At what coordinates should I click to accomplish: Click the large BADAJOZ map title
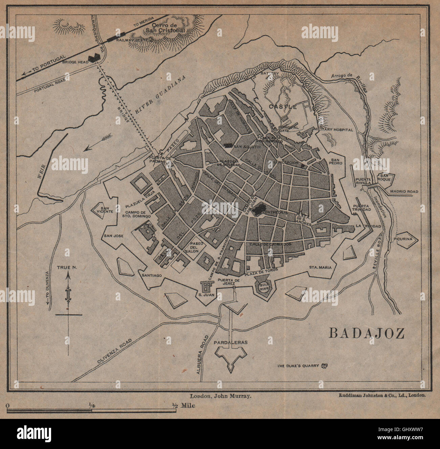tap(367, 333)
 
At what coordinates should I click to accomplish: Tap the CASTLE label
tap(283, 107)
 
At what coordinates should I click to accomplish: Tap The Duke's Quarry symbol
tap(325, 366)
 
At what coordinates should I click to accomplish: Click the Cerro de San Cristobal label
tap(164, 28)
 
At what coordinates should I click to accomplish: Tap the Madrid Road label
tap(404, 192)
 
